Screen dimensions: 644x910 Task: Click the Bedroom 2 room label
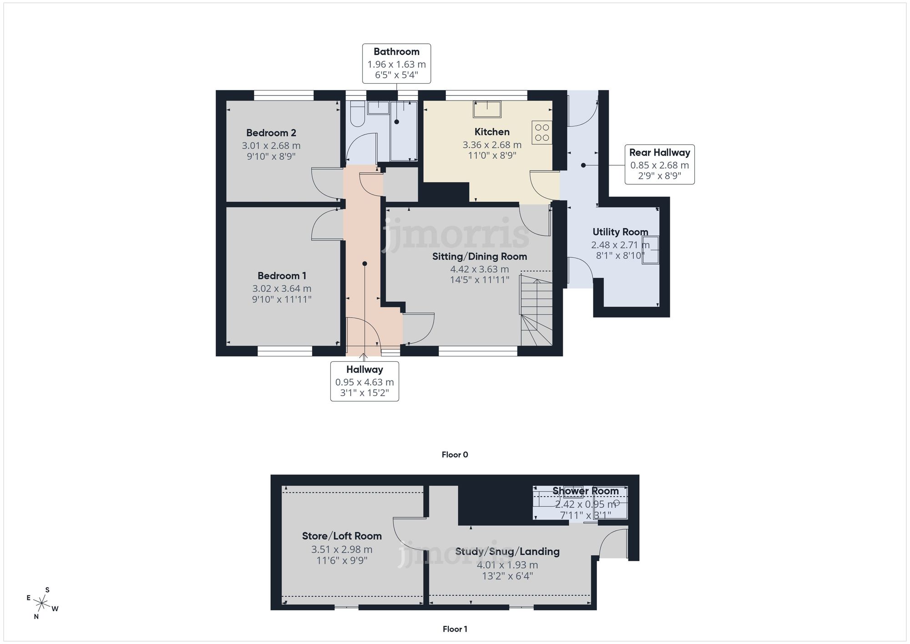[271, 133]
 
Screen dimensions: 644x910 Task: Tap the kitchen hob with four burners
[541, 132]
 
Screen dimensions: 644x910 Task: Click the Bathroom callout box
[396, 63]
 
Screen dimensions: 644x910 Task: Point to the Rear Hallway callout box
[659, 164]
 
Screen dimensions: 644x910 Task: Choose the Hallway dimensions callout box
[364, 381]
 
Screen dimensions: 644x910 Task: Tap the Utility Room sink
[651, 249]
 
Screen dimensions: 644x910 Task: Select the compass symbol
[42, 604]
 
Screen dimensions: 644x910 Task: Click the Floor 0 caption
[455, 455]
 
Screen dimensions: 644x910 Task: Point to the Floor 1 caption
[455, 629]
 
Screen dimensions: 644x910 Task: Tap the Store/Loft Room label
[342, 536]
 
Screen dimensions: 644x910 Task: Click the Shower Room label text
[585, 491]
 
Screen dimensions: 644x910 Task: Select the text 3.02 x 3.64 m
[282, 289]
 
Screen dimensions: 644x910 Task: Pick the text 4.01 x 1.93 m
[507, 565]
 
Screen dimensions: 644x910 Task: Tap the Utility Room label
[620, 232]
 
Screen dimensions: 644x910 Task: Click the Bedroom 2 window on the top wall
[284, 95]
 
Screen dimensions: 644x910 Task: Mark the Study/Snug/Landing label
[507, 552]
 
